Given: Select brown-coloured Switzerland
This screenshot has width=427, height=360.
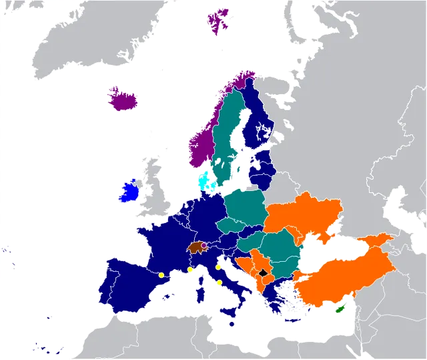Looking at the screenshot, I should [196, 247].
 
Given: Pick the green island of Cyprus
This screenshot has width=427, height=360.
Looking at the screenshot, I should [340, 309].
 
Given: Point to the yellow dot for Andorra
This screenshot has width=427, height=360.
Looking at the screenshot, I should [161, 275].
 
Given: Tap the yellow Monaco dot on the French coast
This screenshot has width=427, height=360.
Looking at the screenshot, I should [190, 269].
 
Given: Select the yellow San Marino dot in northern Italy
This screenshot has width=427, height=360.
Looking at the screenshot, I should [218, 267].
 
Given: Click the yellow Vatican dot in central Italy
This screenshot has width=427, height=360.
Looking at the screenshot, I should [219, 283].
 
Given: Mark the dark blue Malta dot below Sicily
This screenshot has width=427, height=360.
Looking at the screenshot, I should [232, 324].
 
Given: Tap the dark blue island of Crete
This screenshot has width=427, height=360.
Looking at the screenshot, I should [292, 321].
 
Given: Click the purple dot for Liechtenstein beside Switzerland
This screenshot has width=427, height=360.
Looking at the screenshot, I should [204, 245].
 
